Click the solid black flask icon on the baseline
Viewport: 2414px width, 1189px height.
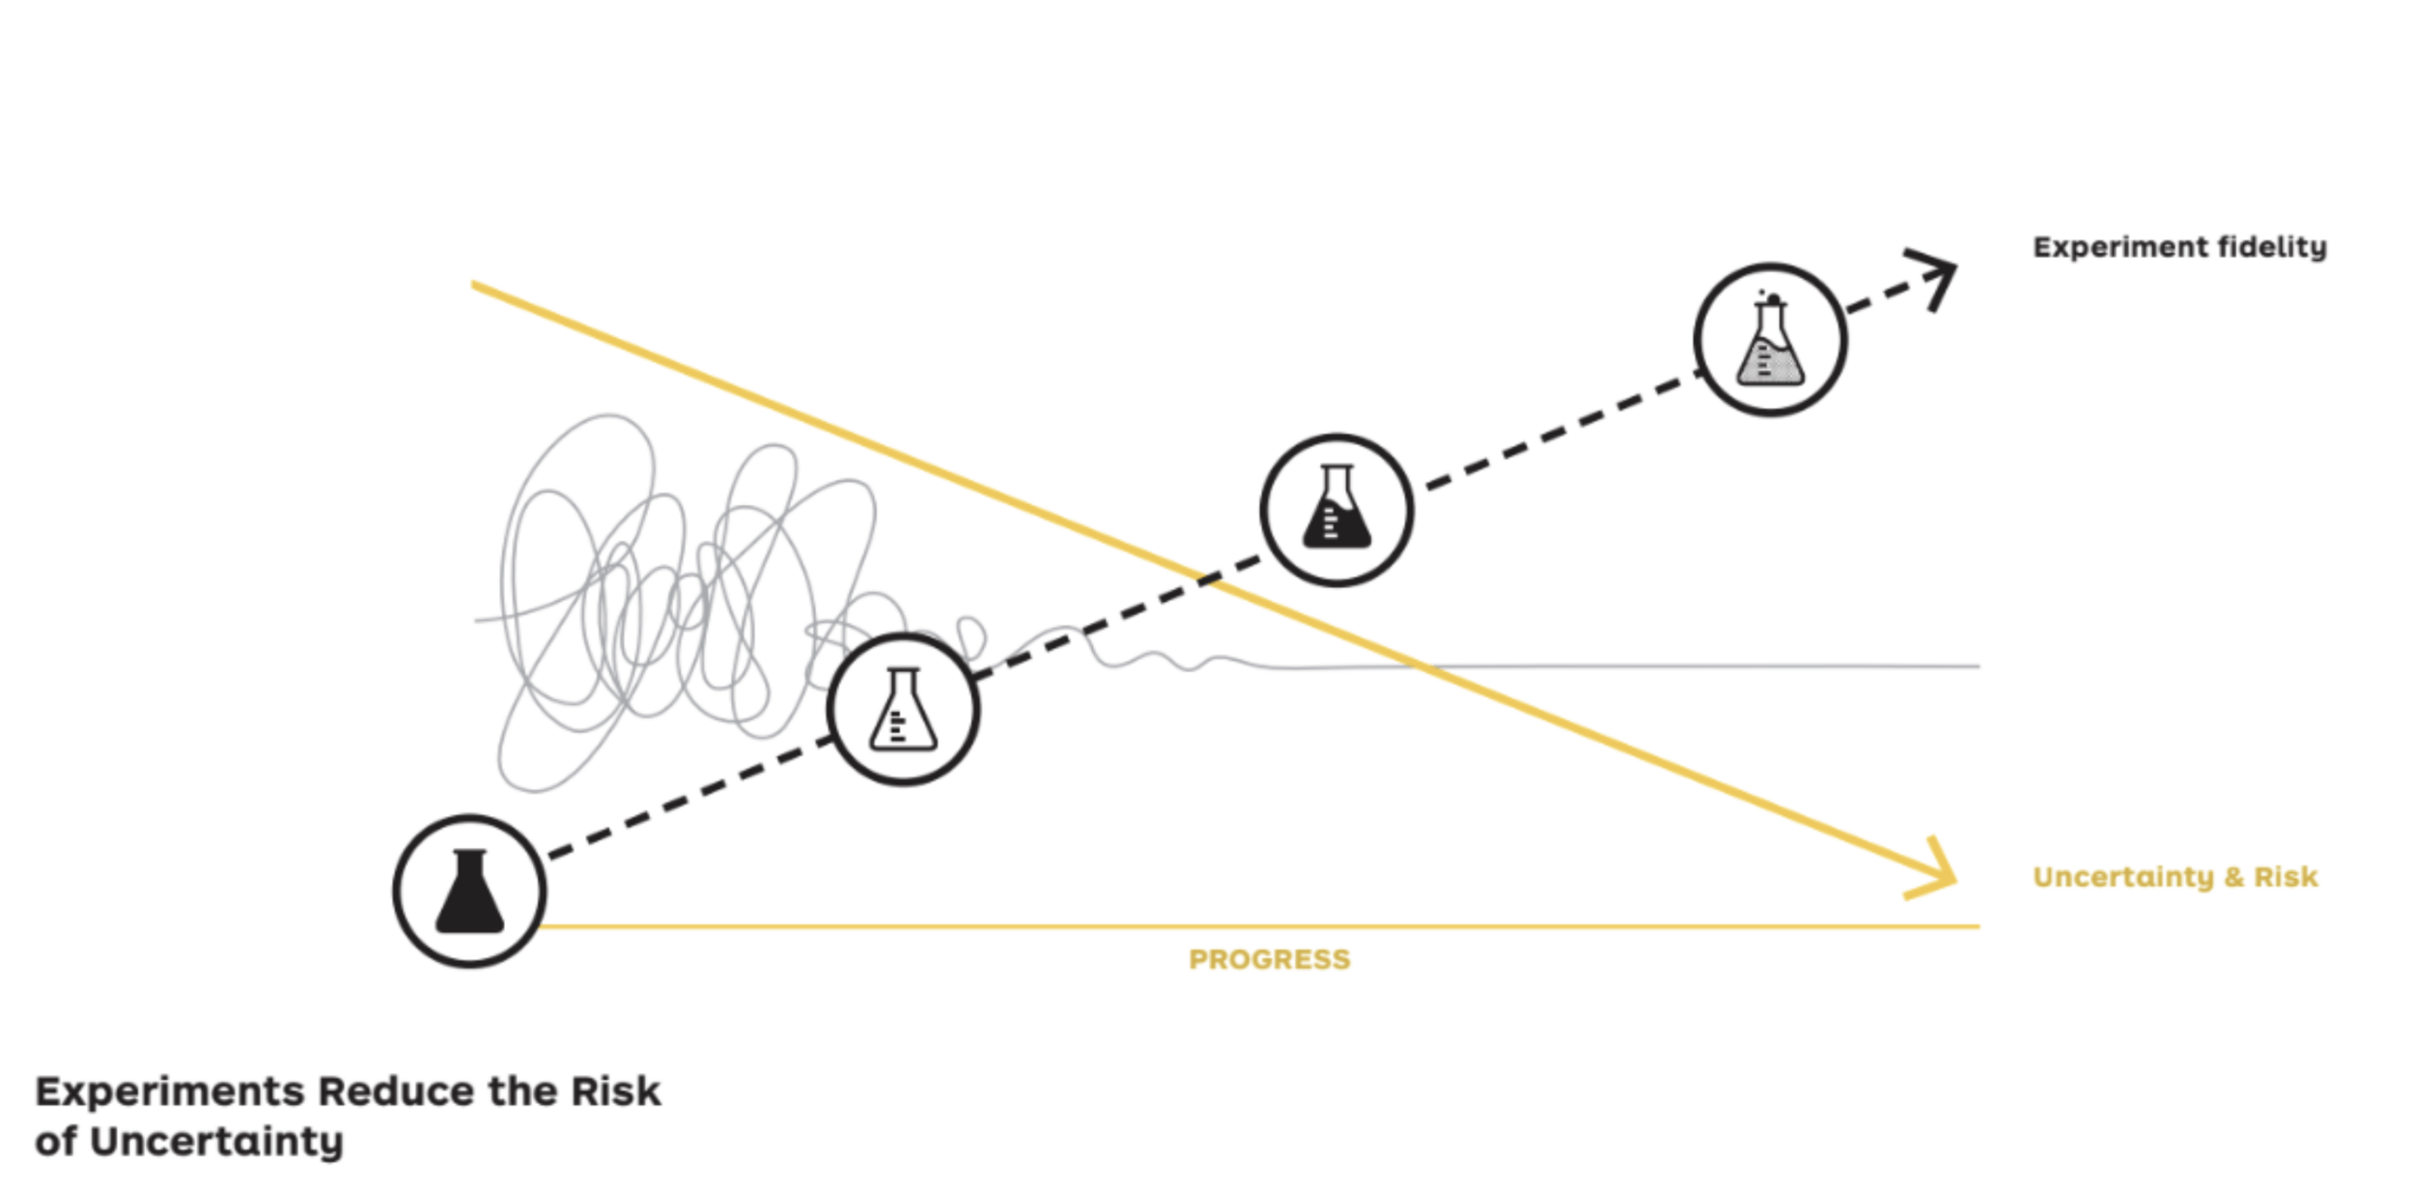pyautogui.click(x=469, y=891)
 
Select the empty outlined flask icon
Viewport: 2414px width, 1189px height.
pyautogui.click(x=903, y=710)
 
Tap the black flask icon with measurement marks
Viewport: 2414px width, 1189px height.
pyautogui.click(x=1336, y=509)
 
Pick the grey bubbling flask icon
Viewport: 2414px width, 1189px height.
pyautogui.click(x=1770, y=340)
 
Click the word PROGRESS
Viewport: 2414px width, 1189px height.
pyautogui.click(x=1269, y=960)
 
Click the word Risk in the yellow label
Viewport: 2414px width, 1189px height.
pyautogui.click(x=2286, y=877)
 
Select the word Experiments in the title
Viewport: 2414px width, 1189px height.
pyautogui.click(x=170, y=1092)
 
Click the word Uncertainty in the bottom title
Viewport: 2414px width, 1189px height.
pyautogui.click(x=216, y=1142)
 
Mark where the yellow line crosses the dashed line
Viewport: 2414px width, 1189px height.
pyautogui.click(x=1210, y=579)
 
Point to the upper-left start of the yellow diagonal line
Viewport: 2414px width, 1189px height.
pyautogui.click(x=474, y=285)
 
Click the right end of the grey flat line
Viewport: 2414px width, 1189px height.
pyautogui.click(x=1978, y=665)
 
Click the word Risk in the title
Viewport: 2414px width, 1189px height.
pyautogui.click(x=615, y=1092)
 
